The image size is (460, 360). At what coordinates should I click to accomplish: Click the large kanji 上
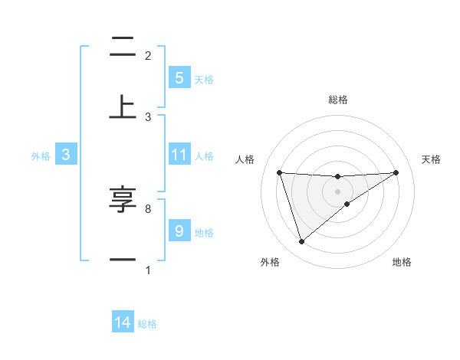(x=123, y=106)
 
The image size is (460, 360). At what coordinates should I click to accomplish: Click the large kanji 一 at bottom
(x=123, y=260)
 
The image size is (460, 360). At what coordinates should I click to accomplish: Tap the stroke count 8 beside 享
(x=147, y=208)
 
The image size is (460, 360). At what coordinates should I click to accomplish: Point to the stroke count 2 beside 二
(x=148, y=55)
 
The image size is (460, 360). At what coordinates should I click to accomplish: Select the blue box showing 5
(x=179, y=78)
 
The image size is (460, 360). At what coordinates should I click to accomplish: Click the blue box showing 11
(x=179, y=155)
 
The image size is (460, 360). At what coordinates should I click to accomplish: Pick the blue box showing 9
(x=179, y=231)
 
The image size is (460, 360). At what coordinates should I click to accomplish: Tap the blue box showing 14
(x=123, y=323)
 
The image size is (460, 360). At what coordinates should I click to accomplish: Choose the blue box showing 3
(x=66, y=155)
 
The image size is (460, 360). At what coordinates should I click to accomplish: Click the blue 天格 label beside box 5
(x=204, y=80)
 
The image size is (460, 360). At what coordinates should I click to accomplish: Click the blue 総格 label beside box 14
(x=147, y=324)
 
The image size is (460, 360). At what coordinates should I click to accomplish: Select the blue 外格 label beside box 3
(x=41, y=156)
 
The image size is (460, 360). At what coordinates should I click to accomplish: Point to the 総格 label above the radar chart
(x=338, y=100)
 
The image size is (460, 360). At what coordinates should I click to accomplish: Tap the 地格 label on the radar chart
(x=402, y=262)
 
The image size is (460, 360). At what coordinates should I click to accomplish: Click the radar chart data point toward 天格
(x=396, y=172)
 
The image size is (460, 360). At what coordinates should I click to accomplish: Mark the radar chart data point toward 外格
(x=301, y=242)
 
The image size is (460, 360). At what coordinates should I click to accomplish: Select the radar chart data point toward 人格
(x=279, y=172)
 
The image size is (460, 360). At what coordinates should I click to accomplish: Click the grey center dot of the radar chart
(x=337, y=191)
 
